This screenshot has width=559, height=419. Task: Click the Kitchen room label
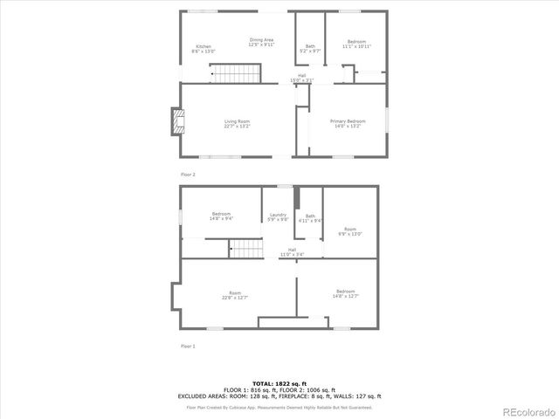pyautogui.click(x=204, y=49)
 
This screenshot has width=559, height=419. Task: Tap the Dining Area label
pyautogui.click(x=262, y=42)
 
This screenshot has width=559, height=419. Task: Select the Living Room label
pyautogui.click(x=237, y=123)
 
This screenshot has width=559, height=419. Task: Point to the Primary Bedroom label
pyautogui.click(x=348, y=123)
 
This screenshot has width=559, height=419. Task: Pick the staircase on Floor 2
pyautogui.click(x=237, y=73)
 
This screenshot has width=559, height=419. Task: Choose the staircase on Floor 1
pyautogui.click(x=246, y=250)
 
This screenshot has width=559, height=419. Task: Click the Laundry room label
pyautogui.click(x=279, y=217)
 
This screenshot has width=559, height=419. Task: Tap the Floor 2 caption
pyautogui.click(x=188, y=175)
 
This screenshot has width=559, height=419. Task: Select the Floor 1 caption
pyautogui.click(x=188, y=347)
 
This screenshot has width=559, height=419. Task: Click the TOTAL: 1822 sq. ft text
pyautogui.click(x=279, y=383)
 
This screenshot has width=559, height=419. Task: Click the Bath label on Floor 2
pyautogui.click(x=311, y=49)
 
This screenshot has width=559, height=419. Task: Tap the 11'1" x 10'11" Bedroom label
pyautogui.click(x=357, y=44)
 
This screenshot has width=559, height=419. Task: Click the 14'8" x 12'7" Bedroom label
pyautogui.click(x=346, y=294)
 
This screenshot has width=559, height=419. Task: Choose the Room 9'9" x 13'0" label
pyautogui.click(x=349, y=232)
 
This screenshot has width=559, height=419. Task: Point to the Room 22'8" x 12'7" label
pyautogui.click(x=235, y=295)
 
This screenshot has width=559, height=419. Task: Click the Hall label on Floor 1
pyautogui.click(x=292, y=252)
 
